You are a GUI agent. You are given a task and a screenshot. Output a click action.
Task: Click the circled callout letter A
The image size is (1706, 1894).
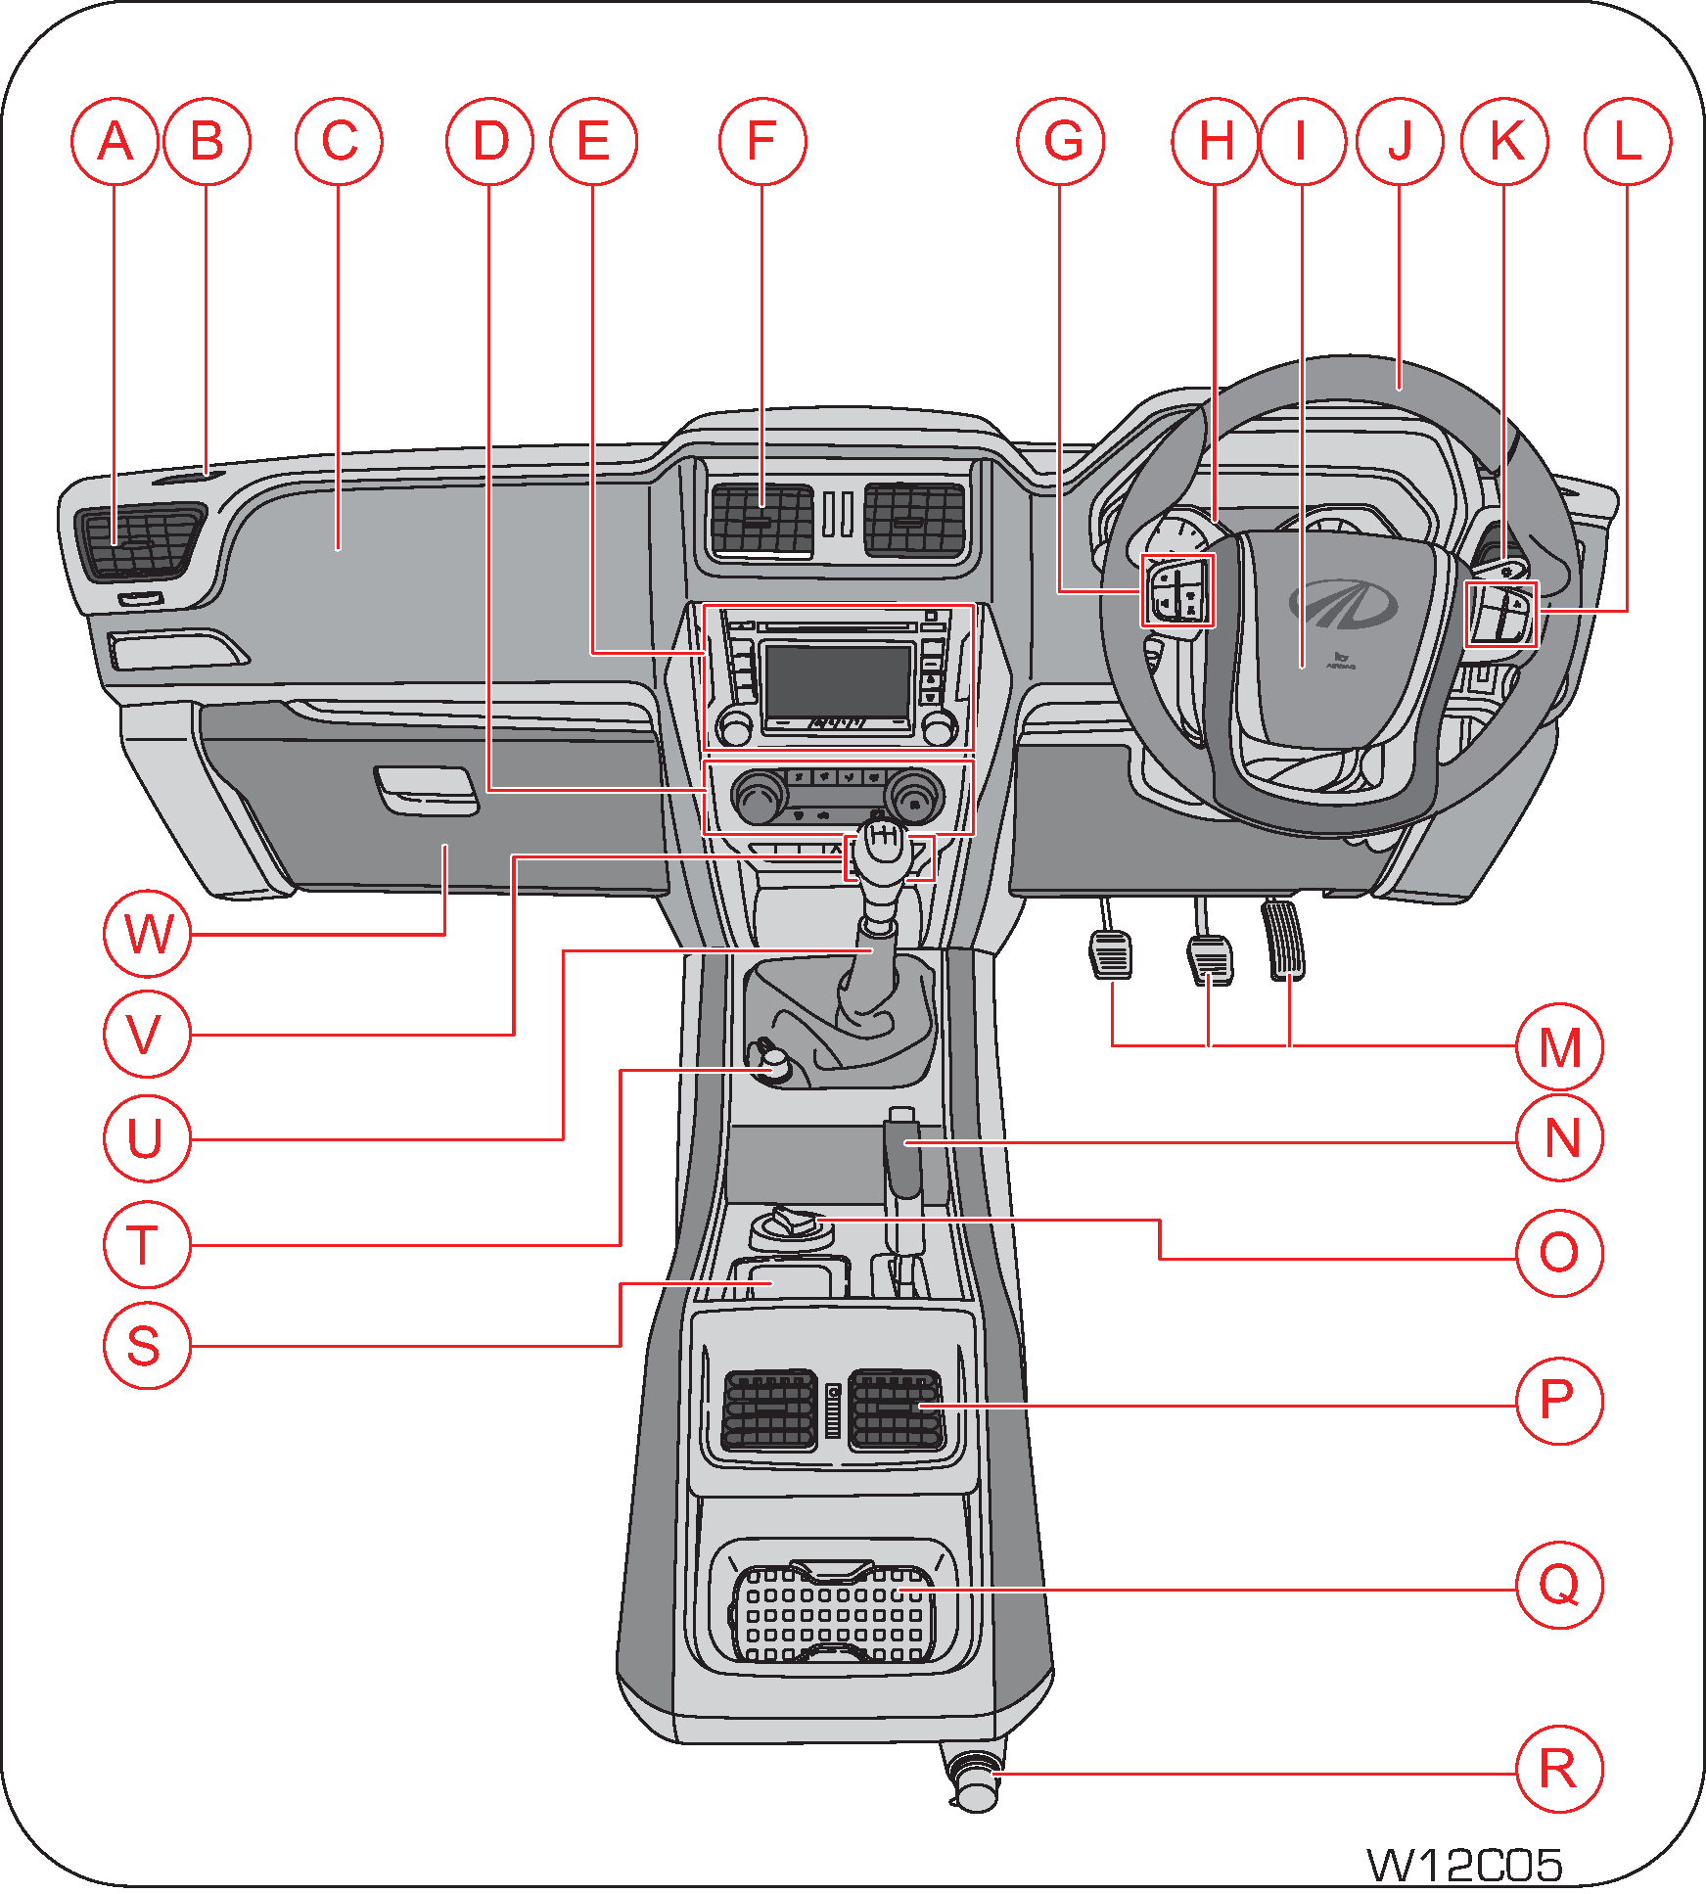coord(115,142)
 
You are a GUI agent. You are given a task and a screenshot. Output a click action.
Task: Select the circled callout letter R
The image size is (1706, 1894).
coord(1558,1769)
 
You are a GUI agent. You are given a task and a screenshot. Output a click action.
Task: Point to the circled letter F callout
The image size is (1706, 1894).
coord(761,142)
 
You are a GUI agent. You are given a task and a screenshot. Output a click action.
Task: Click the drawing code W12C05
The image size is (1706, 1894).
coord(1463,1865)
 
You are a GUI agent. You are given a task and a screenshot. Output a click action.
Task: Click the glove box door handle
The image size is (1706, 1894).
coord(427,790)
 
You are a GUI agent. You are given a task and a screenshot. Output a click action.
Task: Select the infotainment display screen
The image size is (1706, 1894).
coord(838,681)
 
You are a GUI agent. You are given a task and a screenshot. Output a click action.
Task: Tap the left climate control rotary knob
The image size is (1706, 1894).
coord(758,797)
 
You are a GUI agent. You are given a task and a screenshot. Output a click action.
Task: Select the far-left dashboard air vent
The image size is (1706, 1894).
coord(140,541)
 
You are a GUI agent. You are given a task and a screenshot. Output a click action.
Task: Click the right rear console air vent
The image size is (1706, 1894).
coord(896,1409)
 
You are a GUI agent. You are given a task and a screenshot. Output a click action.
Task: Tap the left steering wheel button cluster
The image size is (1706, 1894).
coord(1177,590)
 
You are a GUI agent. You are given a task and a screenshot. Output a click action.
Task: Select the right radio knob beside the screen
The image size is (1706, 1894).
coord(939,727)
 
